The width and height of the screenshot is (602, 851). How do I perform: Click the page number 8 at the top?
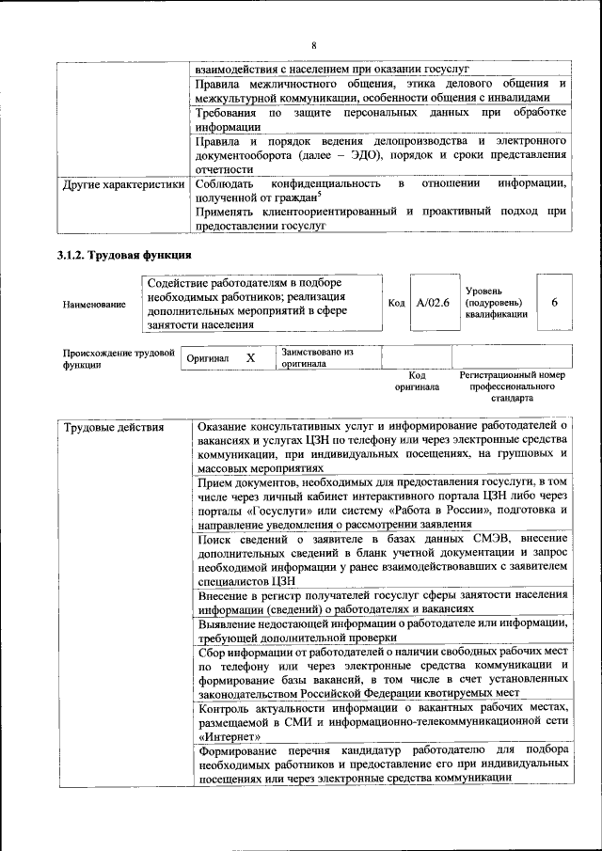(x=314, y=46)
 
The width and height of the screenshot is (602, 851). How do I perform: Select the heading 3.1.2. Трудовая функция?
(x=125, y=255)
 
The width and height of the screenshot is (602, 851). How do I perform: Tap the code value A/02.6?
(x=434, y=302)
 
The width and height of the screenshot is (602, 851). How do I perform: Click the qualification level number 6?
(x=555, y=302)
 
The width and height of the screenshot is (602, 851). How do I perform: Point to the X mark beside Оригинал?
(x=250, y=358)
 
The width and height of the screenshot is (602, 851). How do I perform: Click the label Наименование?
(x=94, y=304)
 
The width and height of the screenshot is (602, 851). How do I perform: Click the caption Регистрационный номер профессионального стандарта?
(x=512, y=386)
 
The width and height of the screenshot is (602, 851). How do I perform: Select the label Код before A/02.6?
(x=396, y=303)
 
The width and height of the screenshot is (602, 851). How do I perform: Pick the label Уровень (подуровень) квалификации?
(x=495, y=302)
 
